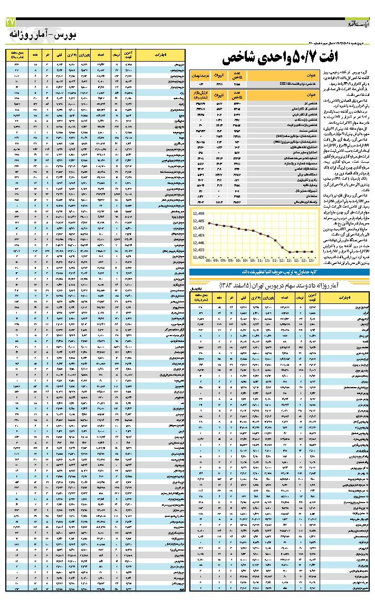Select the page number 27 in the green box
11,22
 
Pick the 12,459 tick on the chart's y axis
198,235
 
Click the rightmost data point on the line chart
313,252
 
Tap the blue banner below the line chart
279,272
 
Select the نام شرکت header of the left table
161,54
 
